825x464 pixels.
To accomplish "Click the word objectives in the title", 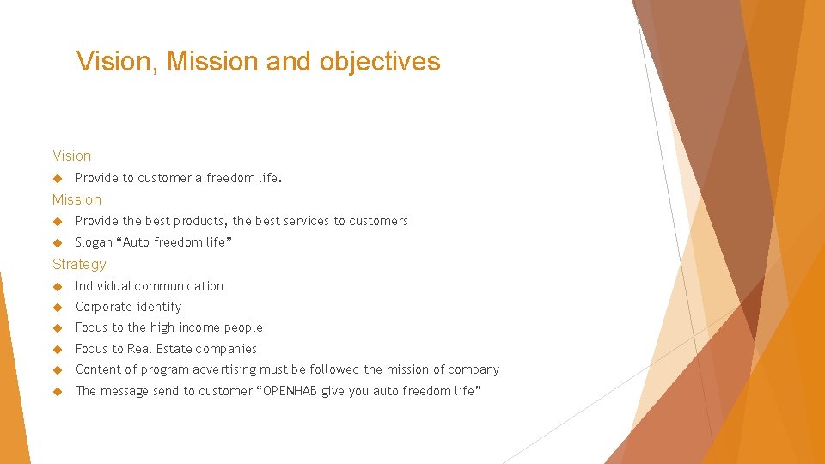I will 380,61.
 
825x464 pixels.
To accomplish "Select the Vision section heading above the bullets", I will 71,156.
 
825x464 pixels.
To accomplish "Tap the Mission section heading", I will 76,199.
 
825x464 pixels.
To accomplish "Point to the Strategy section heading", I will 79,264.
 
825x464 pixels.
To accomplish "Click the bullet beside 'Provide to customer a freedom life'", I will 58,179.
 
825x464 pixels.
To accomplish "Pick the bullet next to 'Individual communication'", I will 58,286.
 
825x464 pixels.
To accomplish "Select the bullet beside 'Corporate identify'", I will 58,307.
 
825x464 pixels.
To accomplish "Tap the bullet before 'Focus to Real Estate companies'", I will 58,349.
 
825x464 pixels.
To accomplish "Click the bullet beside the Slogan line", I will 58,242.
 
